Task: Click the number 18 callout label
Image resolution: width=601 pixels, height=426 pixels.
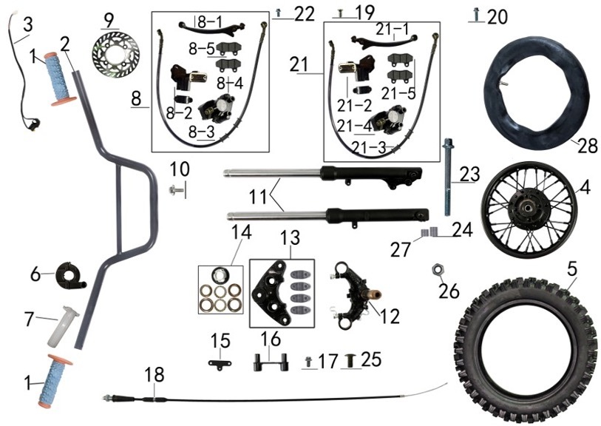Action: coord(154,376)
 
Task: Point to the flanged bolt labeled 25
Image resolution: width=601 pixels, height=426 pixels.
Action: coord(352,362)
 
